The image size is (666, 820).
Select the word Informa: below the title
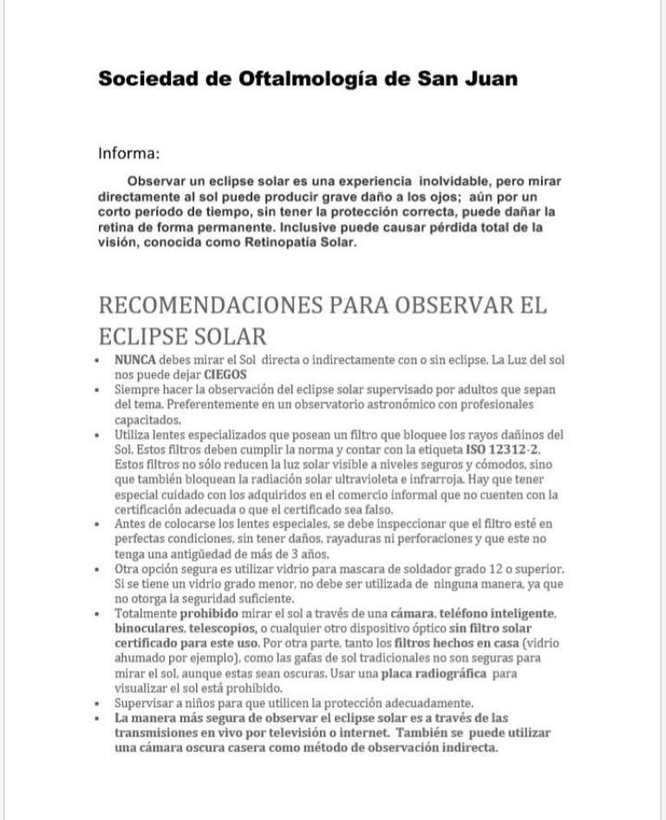click(128, 155)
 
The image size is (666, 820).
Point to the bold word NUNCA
click(131, 360)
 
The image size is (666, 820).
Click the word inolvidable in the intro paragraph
click(460, 181)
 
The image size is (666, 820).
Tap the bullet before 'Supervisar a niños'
click(102, 703)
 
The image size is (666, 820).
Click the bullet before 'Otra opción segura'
click(102, 568)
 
